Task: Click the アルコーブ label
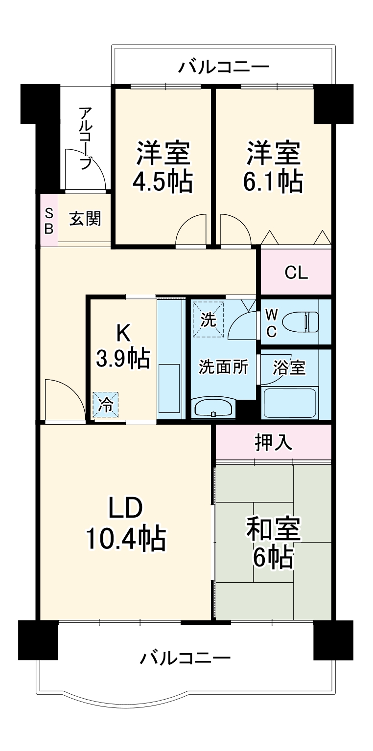pyautogui.click(x=85, y=138)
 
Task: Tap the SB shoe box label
pyautogui.click(x=48, y=220)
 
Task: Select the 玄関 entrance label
pyautogui.click(x=85, y=219)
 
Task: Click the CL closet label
pyautogui.click(x=296, y=273)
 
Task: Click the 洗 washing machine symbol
pyautogui.click(x=209, y=319)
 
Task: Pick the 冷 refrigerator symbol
pyautogui.click(x=106, y=404)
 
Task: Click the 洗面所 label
pyautogui.click(x=223, y=367)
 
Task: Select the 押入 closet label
pyautogui.click(x=274, y=442)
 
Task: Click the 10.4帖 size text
pyautogui.click(x=125, y=538)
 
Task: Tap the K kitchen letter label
pyautogui.click(x=123, y=334)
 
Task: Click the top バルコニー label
pyautogui.click(x=223, y=66)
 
